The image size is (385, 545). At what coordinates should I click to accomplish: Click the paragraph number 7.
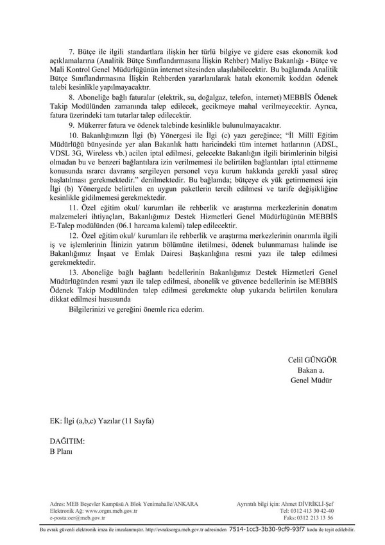point(71,49)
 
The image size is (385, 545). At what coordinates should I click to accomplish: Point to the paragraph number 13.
point(73,272)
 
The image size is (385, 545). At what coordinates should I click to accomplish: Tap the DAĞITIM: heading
point(67,442)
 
